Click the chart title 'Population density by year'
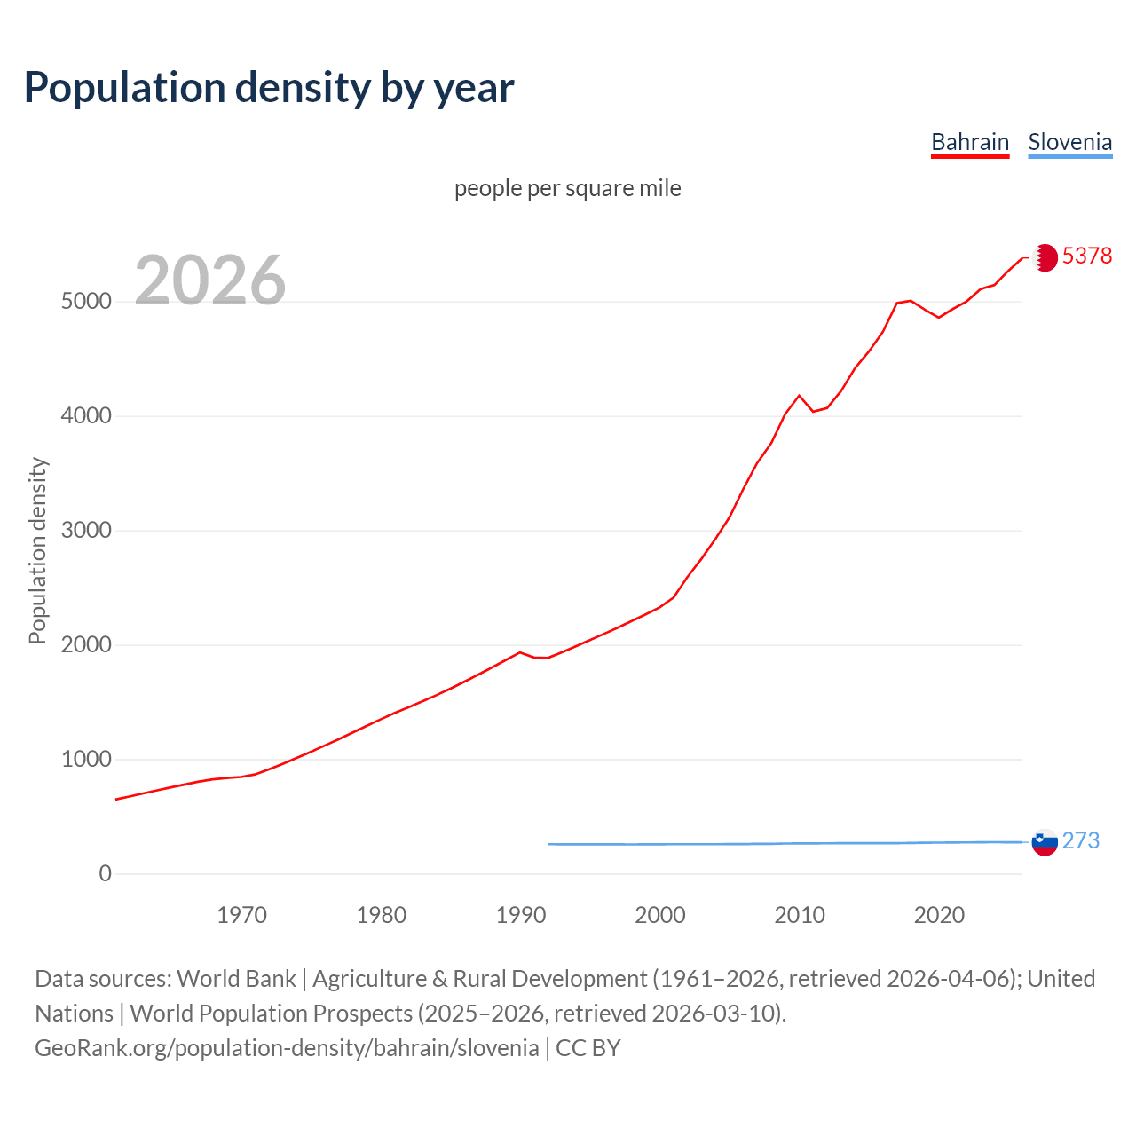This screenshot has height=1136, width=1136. pos(269,88)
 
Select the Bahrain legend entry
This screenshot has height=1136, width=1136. pos(969,142)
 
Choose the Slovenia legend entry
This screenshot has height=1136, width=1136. pos(1069,142)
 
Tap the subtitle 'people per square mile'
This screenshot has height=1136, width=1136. pos(567,188)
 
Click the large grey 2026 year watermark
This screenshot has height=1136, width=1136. pos(210,280)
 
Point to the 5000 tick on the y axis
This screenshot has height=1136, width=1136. pos(86,302)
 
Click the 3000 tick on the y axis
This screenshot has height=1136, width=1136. pos(86,531)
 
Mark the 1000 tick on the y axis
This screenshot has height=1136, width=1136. pos(86,760)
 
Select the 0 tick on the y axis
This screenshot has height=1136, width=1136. pos(106,874)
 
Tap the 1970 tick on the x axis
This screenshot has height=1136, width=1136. pos(241,915)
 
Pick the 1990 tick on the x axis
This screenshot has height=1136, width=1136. pos(521,915)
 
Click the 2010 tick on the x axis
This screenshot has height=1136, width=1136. pos(800,915)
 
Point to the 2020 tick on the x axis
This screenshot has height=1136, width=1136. pos(939,915)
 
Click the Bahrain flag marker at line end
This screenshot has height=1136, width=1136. pos(1045,257)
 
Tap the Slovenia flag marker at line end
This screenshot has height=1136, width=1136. pos(1045,842)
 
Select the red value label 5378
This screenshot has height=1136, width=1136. pos(1086,256)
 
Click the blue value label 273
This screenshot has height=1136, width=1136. pos(1080,841)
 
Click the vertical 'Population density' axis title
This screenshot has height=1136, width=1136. pos(37,550)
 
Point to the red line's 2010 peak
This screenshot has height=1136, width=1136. pos(799,396)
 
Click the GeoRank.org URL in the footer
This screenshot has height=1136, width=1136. pos(287,1048)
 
